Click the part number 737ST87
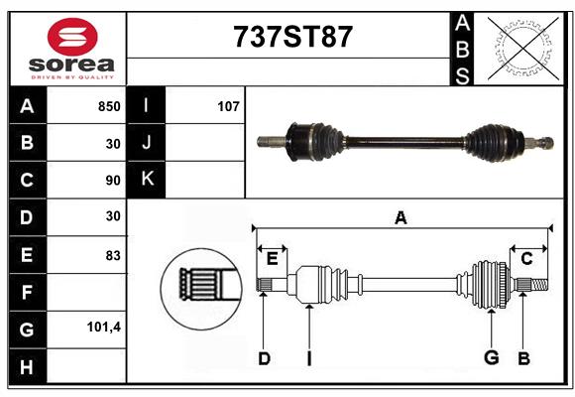pos(292,37)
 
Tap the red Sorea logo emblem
pos(72,37)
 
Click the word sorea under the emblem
pos(71,65)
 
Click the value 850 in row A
pos(109,106)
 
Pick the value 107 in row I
pos(228,106)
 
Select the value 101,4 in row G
pos(104,327)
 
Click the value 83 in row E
pos(113,255)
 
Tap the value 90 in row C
pos(113,181)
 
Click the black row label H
pos(28,366)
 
